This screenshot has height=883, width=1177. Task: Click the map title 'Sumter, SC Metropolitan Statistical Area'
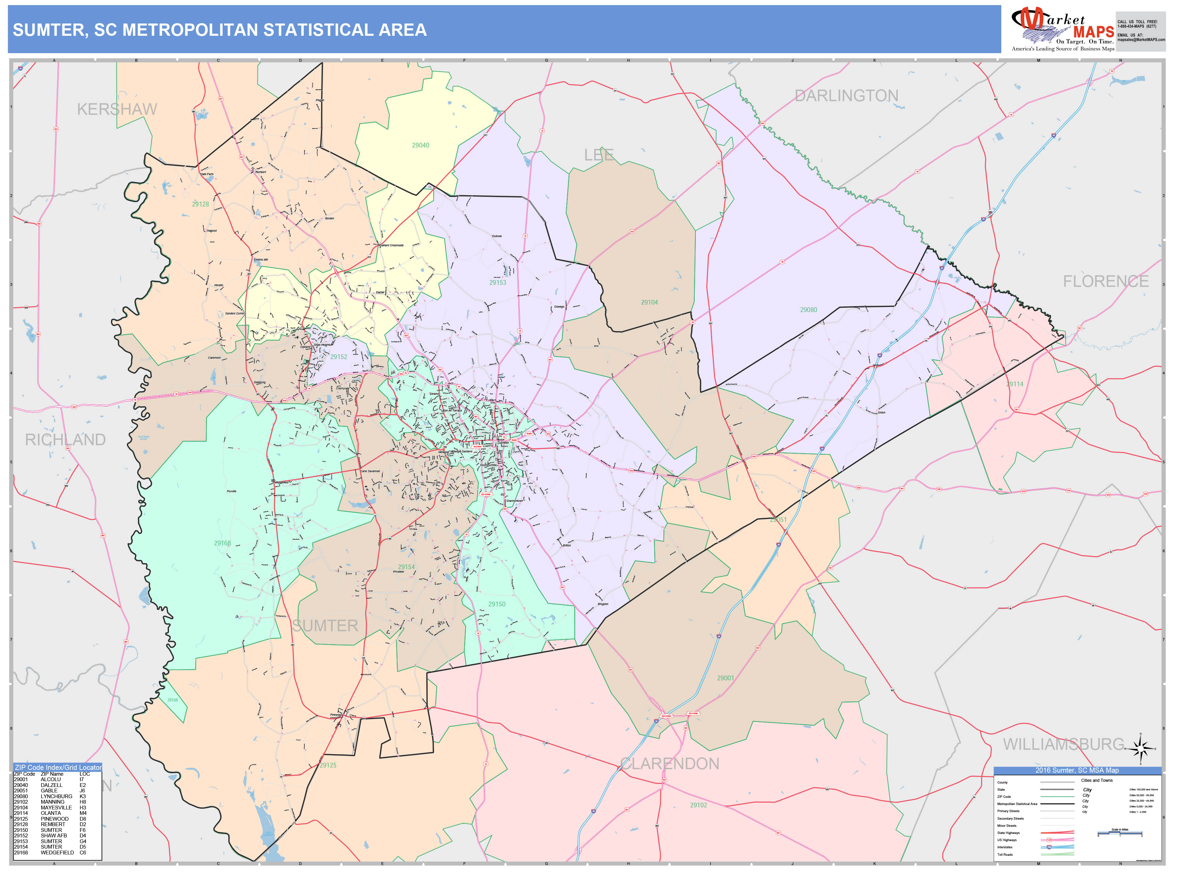[x=219, y=30]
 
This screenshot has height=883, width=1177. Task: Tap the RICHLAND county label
[x=65, y=440]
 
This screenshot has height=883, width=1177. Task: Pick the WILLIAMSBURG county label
[x=1064, y=744]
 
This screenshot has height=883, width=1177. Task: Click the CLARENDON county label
[x=670, y=764]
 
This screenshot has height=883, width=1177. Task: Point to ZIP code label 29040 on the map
[x=420, y=145]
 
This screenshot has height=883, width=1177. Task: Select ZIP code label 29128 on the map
[x=201, y=204]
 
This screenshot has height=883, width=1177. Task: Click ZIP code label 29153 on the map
[x=498, y=283]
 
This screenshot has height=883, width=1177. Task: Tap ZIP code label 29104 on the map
[x=649, y=302]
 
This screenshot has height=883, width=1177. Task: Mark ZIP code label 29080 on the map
[x=808, y=310]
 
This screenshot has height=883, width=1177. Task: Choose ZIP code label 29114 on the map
[x=1015, y=384]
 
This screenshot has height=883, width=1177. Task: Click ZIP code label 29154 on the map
[x=407, y=567]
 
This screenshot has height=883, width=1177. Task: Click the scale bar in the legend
[x=1119, y=833]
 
